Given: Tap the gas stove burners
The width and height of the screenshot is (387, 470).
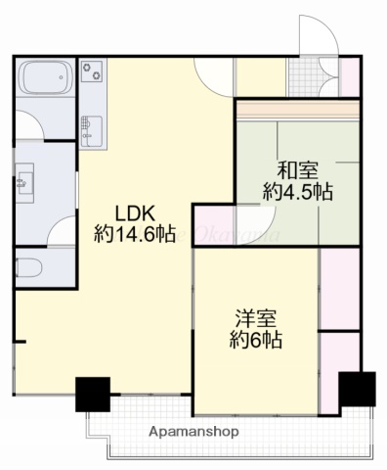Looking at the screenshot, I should click(92, 70).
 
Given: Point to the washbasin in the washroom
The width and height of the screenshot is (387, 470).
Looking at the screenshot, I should click(23, 182).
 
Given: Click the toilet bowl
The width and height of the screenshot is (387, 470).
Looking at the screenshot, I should click(27, 265).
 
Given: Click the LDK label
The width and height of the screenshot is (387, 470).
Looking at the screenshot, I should click(134, 212).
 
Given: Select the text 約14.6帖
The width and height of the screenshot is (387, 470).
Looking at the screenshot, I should click(135, 235).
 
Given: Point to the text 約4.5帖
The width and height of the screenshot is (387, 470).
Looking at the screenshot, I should click(297, 191).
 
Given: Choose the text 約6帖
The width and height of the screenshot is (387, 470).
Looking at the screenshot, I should click(257, 341).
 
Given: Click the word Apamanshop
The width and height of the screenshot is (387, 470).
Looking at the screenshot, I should click(194, 431).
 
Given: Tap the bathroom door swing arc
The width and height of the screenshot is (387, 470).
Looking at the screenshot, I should click(33, 131).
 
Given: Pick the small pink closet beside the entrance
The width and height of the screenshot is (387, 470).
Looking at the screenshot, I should click(347, 78).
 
